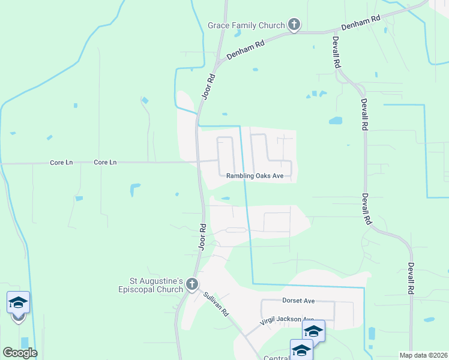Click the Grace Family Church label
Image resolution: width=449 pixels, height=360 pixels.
(246, 25)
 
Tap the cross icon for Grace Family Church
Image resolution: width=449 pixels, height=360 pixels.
(294, 25)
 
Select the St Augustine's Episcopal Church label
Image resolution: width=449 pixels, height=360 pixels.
(157, 284)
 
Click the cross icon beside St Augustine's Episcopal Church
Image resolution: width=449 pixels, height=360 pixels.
(191, 284)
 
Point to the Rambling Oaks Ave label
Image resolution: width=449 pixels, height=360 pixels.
(255, 176)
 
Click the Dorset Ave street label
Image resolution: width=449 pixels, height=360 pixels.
(298, 300)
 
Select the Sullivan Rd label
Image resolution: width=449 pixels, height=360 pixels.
(216, 304)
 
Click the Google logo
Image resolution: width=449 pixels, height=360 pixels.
(20, 352)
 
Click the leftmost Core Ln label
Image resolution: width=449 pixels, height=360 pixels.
(61, 163)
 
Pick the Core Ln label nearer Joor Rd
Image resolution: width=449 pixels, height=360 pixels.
(105, 163)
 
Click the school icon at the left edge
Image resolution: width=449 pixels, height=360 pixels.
(18, 303)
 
